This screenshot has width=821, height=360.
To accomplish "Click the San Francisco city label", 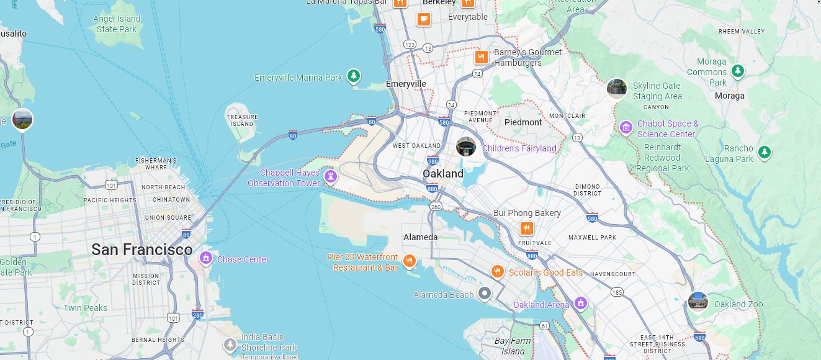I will click(x=141, y=250).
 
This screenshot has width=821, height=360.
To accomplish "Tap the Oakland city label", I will click(x=443, y=174).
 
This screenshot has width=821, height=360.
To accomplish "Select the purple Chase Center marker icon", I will click(x=205, y=258).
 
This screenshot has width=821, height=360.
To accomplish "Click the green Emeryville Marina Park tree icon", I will click(x=353, y=76).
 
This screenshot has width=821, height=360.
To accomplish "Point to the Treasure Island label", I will click(x=242, y=120).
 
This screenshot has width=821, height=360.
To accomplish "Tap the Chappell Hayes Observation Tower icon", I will click(x=331, y=178).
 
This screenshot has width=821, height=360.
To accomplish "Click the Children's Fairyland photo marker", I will click(x=466, y=146).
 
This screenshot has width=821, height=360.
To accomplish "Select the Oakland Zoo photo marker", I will click(x=698, y=302).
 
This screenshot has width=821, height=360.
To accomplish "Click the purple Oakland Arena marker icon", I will click(x=581, y=304).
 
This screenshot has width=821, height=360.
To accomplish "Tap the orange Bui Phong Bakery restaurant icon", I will click(x=527, y=228).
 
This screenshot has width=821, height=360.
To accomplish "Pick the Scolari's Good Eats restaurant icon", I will click(x=497, y=272).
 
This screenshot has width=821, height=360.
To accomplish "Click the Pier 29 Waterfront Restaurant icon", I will click(x=409, y=261).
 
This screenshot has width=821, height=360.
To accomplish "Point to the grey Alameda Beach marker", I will click(x=485, y=293).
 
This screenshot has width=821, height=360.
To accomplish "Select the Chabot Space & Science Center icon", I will click(x=626, y=128).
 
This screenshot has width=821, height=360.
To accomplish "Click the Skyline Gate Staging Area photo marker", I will click(x=616, y=88).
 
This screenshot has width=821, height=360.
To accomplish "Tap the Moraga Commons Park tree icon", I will click(x=737, y=71).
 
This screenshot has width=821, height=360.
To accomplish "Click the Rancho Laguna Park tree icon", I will click(x=765, y=151).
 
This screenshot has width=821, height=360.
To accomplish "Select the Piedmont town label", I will click(x=523, y=122).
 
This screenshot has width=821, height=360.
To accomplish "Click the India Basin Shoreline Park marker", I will click(x=230, y=343).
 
